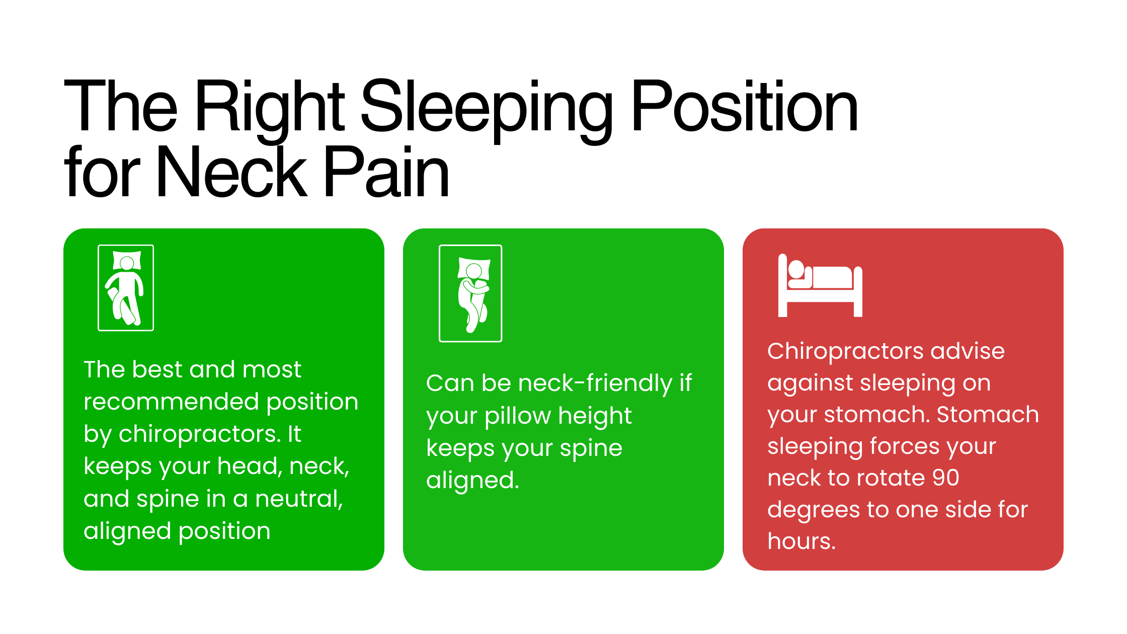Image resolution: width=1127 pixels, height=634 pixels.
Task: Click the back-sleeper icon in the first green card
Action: pyautogui.click(x=126, y=288)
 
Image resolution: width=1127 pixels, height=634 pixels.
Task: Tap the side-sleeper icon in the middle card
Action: pyautogui.click(x=470, y=293)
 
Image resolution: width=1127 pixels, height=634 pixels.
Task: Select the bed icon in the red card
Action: pyautogui.click(x=820, y=285)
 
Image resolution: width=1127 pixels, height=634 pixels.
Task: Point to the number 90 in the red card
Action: pyautogui.click(x=945, y=478)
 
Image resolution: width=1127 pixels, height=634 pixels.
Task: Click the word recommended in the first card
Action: pyautogui.click(x=171, y=402)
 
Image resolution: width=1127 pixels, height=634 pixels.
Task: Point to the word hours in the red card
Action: pyautogui.click(x=801, y=541)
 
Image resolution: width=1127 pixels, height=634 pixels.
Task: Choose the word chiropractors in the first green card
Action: pyautogui.click(x=199, y=434)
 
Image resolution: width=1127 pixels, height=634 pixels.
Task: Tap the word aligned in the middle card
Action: pyautogui.click(x=472, y=481)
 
